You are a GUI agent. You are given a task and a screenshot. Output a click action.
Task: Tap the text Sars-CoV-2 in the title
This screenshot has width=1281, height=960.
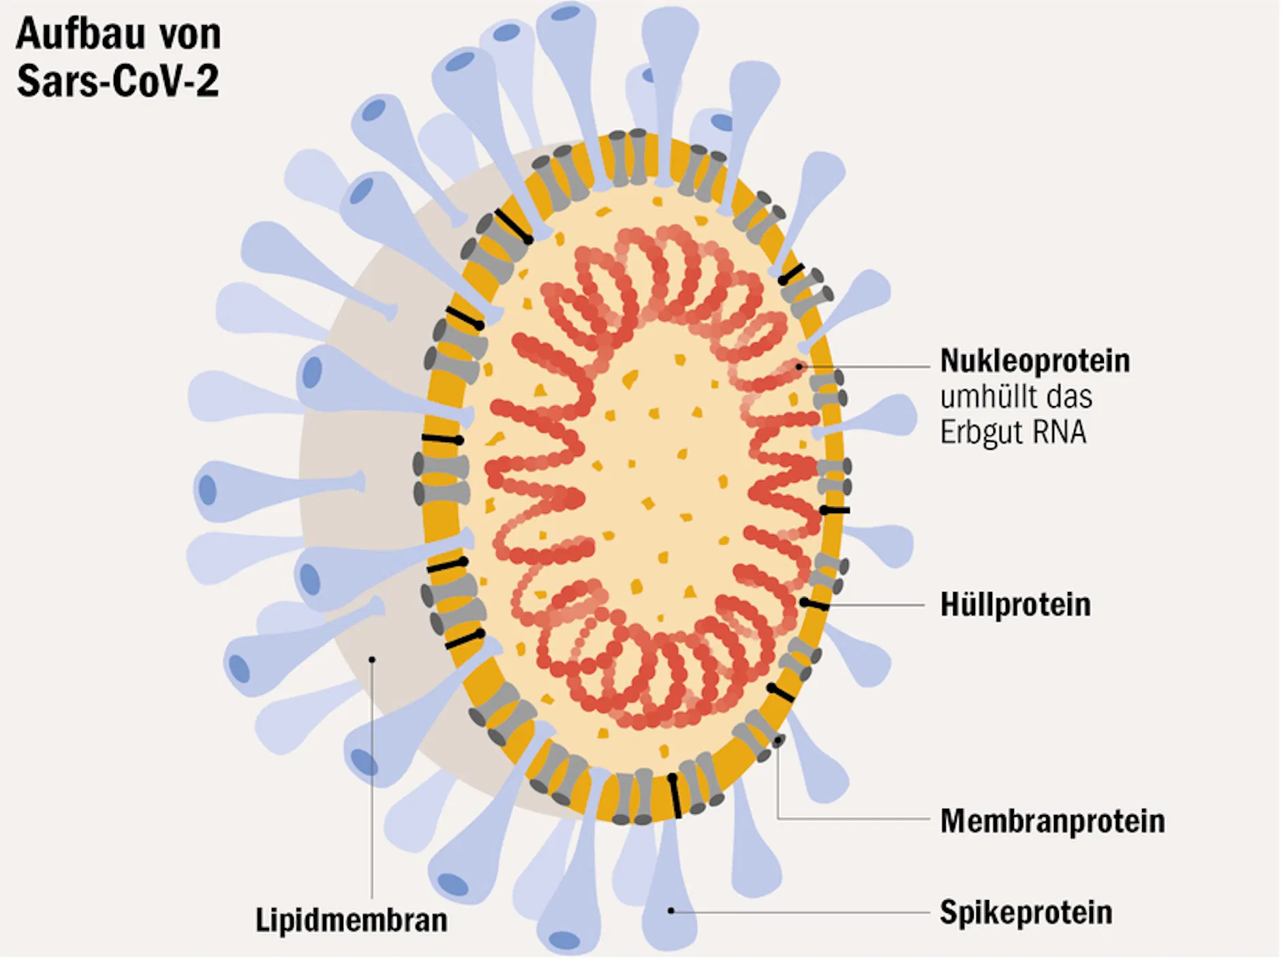point(118,81)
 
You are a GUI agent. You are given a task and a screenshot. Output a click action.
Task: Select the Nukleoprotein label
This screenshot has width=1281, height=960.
point(1034,360)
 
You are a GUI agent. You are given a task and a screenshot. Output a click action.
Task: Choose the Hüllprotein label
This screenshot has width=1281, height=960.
point(1015,604)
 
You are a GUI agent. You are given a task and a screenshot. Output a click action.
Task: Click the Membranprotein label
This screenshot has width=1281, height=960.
point(1052,820)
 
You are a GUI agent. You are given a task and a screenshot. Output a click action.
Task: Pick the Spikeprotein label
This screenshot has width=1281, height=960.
point(1025,912)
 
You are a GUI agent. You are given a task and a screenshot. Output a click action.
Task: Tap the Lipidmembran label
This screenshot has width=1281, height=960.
point(352,920)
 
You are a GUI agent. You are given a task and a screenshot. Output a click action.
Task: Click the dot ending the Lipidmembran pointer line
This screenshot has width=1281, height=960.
point(372,660)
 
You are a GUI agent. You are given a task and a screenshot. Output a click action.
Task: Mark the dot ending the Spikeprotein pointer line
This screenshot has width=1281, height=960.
point(671,910)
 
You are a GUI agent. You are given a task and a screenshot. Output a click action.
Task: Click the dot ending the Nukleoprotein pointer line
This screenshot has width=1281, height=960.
point(800,367)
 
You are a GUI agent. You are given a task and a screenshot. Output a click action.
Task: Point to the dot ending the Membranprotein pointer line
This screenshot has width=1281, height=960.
point(777,741)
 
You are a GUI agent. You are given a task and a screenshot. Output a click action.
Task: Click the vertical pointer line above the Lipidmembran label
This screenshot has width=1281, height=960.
point(372,784)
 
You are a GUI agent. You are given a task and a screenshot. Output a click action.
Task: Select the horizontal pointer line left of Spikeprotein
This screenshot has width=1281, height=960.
point(804,912)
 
